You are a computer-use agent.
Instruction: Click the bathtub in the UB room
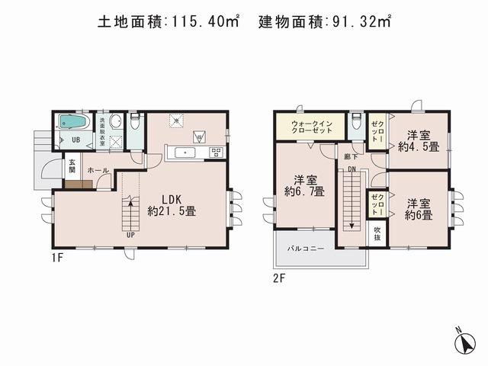click(x=72, y=123)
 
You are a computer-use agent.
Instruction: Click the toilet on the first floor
click(x=134, y=122)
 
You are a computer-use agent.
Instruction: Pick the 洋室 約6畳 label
click(x=419, y=210)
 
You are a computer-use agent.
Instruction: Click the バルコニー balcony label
click(x=306, y=249)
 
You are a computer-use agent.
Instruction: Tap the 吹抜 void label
click(x=377, y=234)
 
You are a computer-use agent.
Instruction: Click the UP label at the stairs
click(x=130, y=234)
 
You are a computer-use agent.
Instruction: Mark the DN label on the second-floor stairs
click(x=352, y=169)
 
